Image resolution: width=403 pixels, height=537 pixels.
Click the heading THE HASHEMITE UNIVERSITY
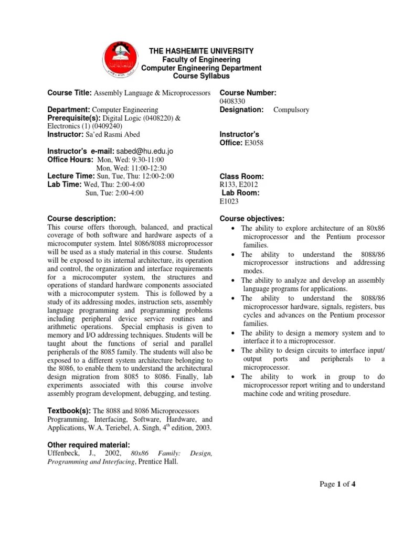coord(201,51)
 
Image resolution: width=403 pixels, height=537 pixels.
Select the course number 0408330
coord(233,101)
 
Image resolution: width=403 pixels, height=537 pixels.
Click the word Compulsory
coord(291,110)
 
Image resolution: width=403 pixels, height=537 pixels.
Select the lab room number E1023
coord(229,200)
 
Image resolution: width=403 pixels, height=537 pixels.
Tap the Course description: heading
coord(81,218)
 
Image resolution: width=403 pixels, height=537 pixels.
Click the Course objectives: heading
coord(252,218)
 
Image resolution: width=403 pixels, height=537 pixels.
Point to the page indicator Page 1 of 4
coord(338,484)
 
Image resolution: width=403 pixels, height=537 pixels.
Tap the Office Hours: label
coord(70,159)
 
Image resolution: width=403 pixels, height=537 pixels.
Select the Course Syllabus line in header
coord(201,76)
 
